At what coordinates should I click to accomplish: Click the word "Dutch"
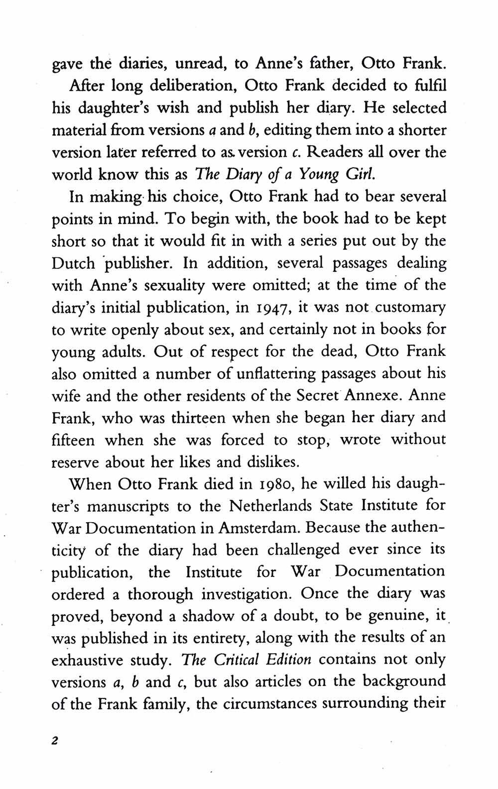click(x=73, y=263)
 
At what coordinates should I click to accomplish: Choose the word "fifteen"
click(x=74, y=440)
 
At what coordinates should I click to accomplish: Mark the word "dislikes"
click(x=273, y=462)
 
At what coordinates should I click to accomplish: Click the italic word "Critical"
click(x=237, y=660)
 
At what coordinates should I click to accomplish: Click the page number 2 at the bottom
click(x=55, y=740)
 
